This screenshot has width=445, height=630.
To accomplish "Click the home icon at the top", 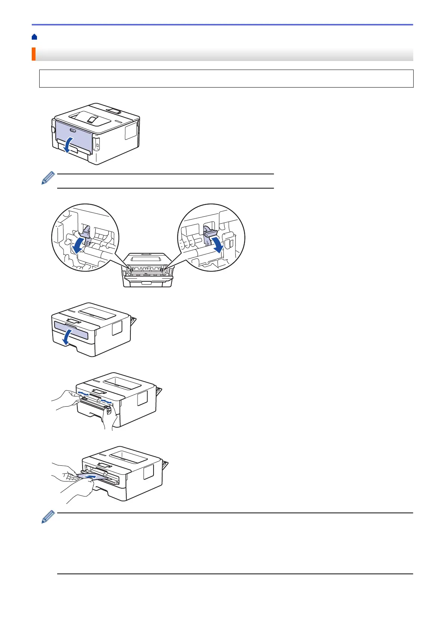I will coord(34,37).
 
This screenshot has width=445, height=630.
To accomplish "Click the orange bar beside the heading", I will coord(33,54).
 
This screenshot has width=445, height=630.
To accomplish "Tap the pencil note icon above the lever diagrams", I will coord(48,178).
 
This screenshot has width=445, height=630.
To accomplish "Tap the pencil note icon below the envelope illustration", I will coord(48,518).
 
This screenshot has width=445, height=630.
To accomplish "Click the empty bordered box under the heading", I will coord(226,79).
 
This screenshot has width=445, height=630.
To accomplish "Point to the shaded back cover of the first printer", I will coord(74,135).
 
